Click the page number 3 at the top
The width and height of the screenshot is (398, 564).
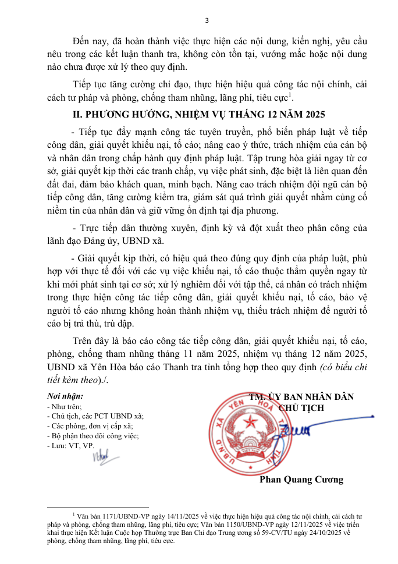(x=207, y=21)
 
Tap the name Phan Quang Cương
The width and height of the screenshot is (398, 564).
(x=301, y=480)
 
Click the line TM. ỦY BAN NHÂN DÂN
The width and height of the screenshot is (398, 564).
(x=301, y=397)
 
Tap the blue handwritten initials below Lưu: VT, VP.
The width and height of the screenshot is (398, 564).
(x=101, y=457)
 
